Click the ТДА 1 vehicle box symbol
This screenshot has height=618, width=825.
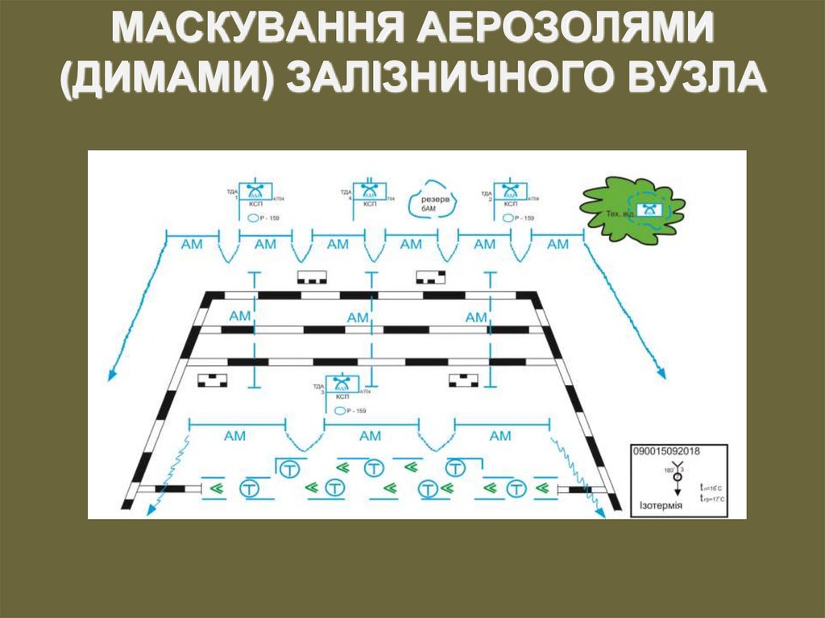(256, 192)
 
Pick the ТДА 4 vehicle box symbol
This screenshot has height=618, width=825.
(370, 192)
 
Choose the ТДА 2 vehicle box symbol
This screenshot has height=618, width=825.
(509, 192)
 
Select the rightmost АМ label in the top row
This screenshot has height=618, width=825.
(557, 244)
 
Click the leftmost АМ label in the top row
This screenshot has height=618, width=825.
(192, 244)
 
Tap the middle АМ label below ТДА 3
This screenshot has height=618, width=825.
(370, 436)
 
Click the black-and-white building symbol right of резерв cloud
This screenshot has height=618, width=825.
(430, 277)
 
